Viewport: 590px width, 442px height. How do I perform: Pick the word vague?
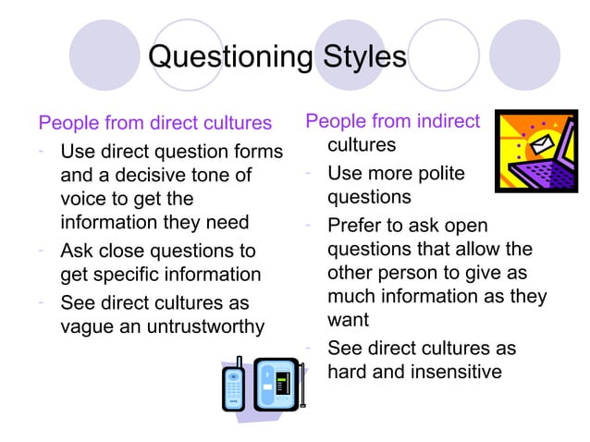(86, 325)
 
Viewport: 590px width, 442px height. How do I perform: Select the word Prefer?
(357, 226)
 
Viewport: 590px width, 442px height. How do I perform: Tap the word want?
(348, 321)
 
